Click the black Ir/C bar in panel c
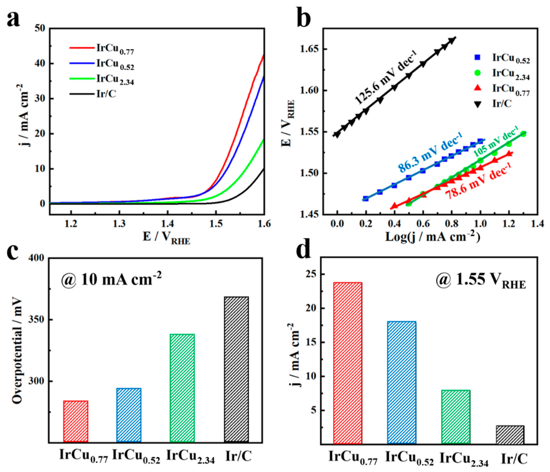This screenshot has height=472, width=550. (236, 369)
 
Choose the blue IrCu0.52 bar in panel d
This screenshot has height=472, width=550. (402, 382)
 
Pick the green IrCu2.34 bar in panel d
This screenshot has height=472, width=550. (456, 417)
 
